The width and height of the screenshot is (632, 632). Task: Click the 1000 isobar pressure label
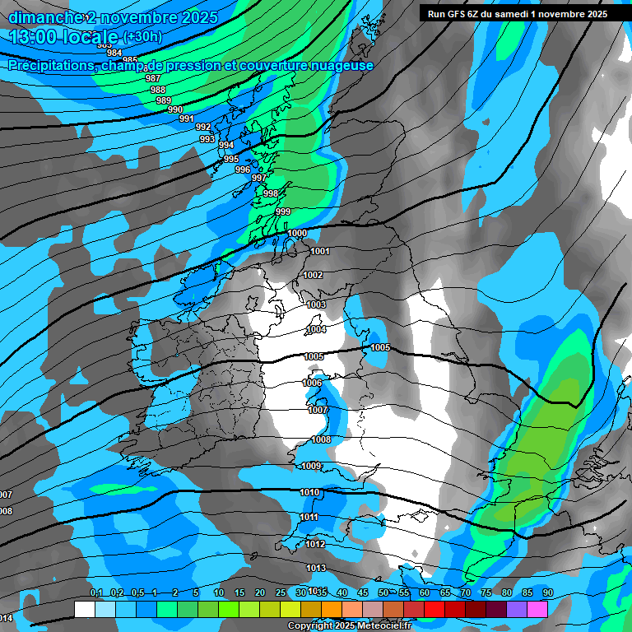297,233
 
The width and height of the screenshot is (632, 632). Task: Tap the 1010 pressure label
309,492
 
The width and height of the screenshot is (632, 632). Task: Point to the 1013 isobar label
316,568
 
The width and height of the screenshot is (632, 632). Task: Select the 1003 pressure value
316,304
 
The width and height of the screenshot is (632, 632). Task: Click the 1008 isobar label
321,439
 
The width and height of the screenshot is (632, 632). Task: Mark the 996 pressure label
242,170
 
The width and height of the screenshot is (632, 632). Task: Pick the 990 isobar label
174,109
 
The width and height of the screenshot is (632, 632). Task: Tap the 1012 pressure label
315,544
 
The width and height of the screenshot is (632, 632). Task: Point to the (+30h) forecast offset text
142,37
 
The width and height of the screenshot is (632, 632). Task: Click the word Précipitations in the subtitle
49,65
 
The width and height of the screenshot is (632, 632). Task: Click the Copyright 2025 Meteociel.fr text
349,625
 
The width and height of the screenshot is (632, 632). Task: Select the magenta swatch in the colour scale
537,609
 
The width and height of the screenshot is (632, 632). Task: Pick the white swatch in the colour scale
84,609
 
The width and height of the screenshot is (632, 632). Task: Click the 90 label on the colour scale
547,592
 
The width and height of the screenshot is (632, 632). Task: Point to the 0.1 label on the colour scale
95,592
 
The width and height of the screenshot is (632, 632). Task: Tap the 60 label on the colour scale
424,592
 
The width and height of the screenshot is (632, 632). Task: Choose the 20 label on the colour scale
259,592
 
